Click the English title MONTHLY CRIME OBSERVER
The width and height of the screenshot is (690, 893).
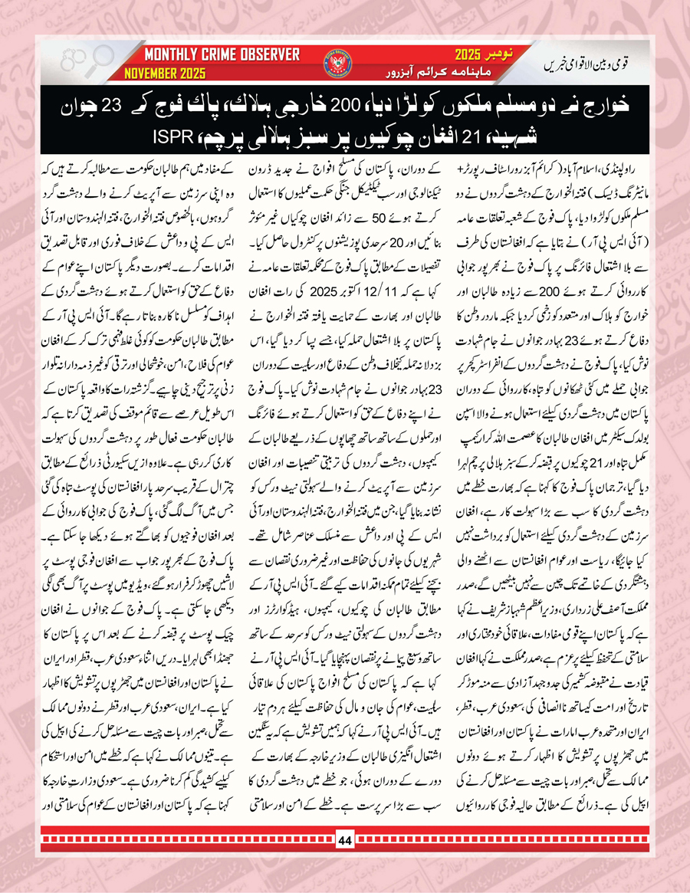click(x=222, y=54)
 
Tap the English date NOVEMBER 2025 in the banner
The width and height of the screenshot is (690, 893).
click(x=167, y=75)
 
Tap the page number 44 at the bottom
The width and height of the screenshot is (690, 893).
click(x=344, y=859)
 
